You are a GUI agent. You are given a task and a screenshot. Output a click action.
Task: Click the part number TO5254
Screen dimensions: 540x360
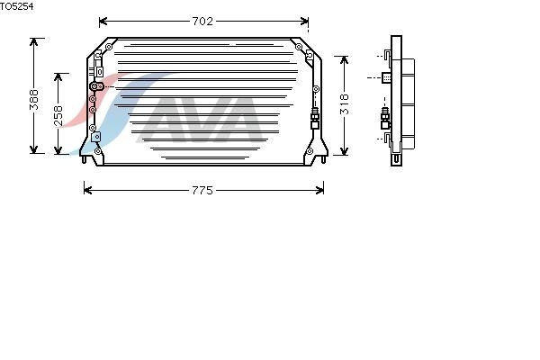(x=16, y=6)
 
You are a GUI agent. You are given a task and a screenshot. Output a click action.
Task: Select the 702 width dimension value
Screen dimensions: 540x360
(x=202, y=22)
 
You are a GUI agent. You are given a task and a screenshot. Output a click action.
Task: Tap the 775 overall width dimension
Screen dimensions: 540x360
(x=202, y=191)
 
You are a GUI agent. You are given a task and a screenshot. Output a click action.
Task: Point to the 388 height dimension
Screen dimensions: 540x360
(x=34, y=100)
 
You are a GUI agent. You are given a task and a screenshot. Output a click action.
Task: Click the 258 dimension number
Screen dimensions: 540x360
(x=58, y=115)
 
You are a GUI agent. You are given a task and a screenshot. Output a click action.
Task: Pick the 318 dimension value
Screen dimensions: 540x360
(x=345, y=104)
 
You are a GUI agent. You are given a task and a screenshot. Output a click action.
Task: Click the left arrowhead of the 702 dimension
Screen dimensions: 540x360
(x=103, y=22)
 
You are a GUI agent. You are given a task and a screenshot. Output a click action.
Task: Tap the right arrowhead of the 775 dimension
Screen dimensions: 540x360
(x=319, y=190)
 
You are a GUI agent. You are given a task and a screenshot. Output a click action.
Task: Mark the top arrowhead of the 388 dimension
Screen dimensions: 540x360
(x=34, y=42)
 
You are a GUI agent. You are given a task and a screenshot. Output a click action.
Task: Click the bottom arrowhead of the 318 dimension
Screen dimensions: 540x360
(x=344, y=151)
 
